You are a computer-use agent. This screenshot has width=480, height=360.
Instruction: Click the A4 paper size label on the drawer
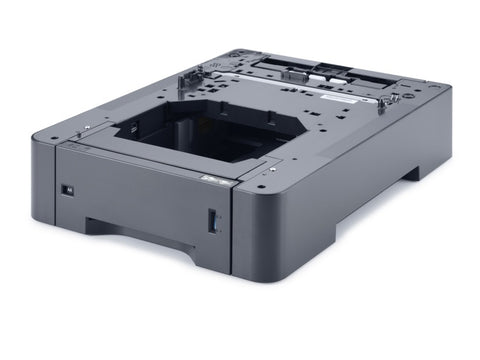[66, 188]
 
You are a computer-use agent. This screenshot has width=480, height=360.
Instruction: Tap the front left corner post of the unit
[42, 180]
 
